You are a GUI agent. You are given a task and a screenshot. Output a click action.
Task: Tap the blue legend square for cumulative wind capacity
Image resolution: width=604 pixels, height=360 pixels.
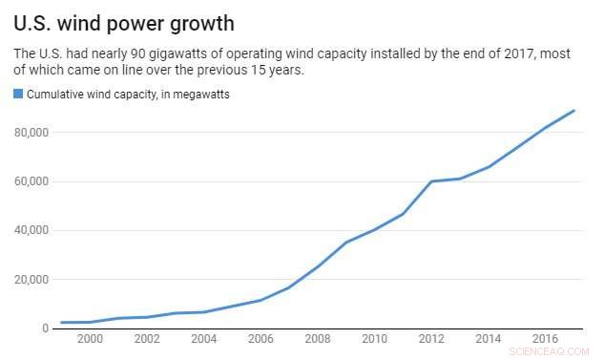[17, 94]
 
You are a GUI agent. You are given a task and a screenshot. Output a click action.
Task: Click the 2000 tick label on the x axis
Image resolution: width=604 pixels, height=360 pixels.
[90, 340]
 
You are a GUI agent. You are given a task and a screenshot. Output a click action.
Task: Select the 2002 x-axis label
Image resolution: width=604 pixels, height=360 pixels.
[146, 340]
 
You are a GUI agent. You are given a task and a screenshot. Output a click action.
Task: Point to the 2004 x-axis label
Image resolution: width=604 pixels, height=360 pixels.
[203, 340]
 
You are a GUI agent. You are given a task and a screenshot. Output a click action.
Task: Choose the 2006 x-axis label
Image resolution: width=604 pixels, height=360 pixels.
[260, 340]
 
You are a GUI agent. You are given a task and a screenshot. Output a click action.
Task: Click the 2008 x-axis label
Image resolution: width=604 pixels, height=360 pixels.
[318, 340]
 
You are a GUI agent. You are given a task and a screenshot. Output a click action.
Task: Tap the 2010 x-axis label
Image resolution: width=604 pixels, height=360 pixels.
[374, 340]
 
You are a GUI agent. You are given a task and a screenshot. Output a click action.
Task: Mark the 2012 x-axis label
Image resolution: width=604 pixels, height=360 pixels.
[431, 340]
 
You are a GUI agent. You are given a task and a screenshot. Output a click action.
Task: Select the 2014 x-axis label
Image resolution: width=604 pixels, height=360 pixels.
[489, 340]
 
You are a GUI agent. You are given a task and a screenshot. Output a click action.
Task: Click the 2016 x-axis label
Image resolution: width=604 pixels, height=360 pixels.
[545, 340]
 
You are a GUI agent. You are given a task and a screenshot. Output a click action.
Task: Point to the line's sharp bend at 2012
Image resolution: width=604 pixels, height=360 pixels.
[431, 181]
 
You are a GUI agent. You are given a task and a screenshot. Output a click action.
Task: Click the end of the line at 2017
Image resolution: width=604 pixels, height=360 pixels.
[574, 111]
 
